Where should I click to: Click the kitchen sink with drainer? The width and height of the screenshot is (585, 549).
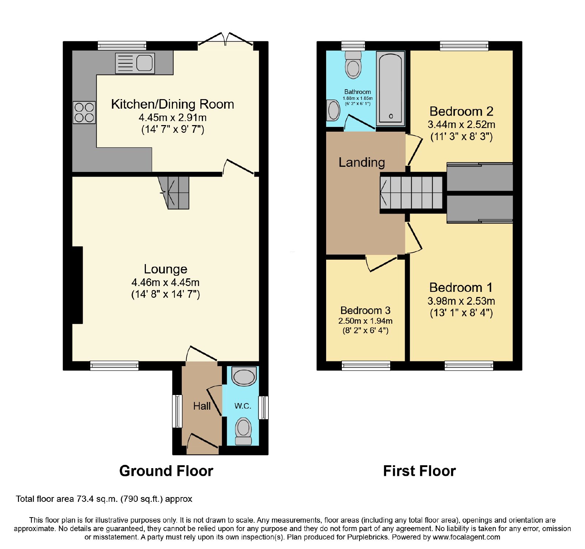click(x=135, y=63)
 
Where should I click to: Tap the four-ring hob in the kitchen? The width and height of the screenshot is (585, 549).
click(x=84, y=112)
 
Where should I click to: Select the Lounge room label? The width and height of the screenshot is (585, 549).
click(x=166, y=269)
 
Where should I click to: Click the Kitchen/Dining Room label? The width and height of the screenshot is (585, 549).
click(x=173, y=104)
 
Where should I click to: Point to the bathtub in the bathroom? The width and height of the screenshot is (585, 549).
click(x=390, y=89)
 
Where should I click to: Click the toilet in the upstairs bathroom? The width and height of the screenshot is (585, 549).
click(x=353, y=65)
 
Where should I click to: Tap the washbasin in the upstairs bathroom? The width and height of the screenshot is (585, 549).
click(x=333, y=110)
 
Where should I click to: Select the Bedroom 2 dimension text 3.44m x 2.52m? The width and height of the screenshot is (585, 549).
click(x=461, y=124)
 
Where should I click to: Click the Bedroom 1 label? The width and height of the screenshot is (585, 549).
click(x=461, y=287)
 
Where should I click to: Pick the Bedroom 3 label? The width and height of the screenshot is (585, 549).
click(x=365, y=311)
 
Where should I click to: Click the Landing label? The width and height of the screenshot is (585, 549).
click(x=362, y=162)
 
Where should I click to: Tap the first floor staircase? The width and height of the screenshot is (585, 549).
click(x=411, y=192)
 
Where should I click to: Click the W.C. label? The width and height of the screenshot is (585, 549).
click(x=243, y=406)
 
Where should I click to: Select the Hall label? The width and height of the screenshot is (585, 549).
click(x=202, y=406)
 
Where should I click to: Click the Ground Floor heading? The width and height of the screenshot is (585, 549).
click(x=166, y=471)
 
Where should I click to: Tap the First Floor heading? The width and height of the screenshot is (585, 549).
click(x=419, y=471)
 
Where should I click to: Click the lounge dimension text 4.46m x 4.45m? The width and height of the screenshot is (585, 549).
click(x=165, y=282)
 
